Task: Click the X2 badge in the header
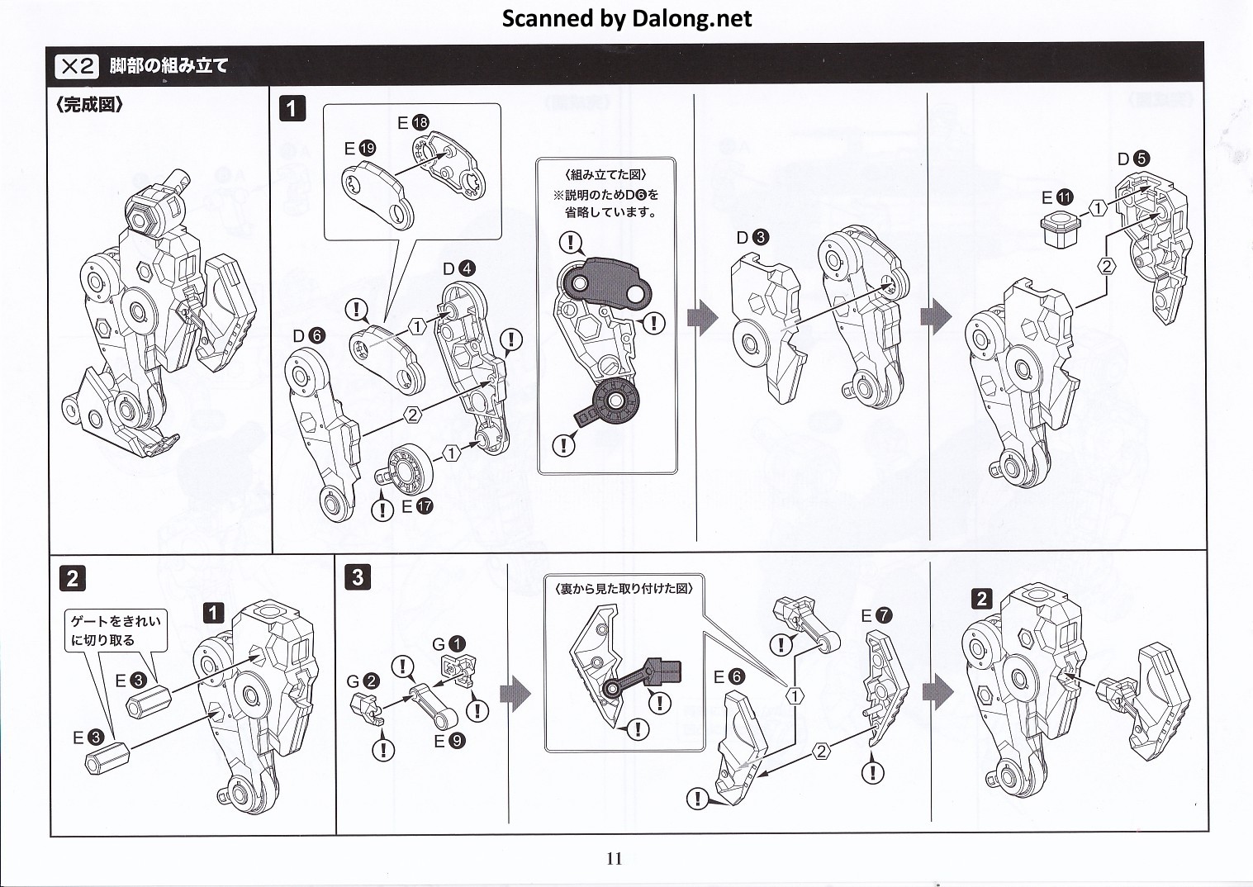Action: (x=77, y=66)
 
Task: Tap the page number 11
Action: (x=614, y=858)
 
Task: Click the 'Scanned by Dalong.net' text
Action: (x=627, y=18)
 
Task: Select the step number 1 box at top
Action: (x=292, y=108)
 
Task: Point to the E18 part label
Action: (x=413, y=123)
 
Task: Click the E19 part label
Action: (x=360, y=149)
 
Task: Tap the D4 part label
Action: (x=458, y=268)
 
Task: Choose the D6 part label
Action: (x=308, y=335)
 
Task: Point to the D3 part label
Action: (x=752, y=238)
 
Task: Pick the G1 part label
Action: (x=449, y=644)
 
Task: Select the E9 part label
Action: (x=449, y=741)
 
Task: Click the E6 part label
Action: (x=729, y=677)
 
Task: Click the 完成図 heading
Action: (x=89, y=106)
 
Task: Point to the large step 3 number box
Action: (x=357, y=576)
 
